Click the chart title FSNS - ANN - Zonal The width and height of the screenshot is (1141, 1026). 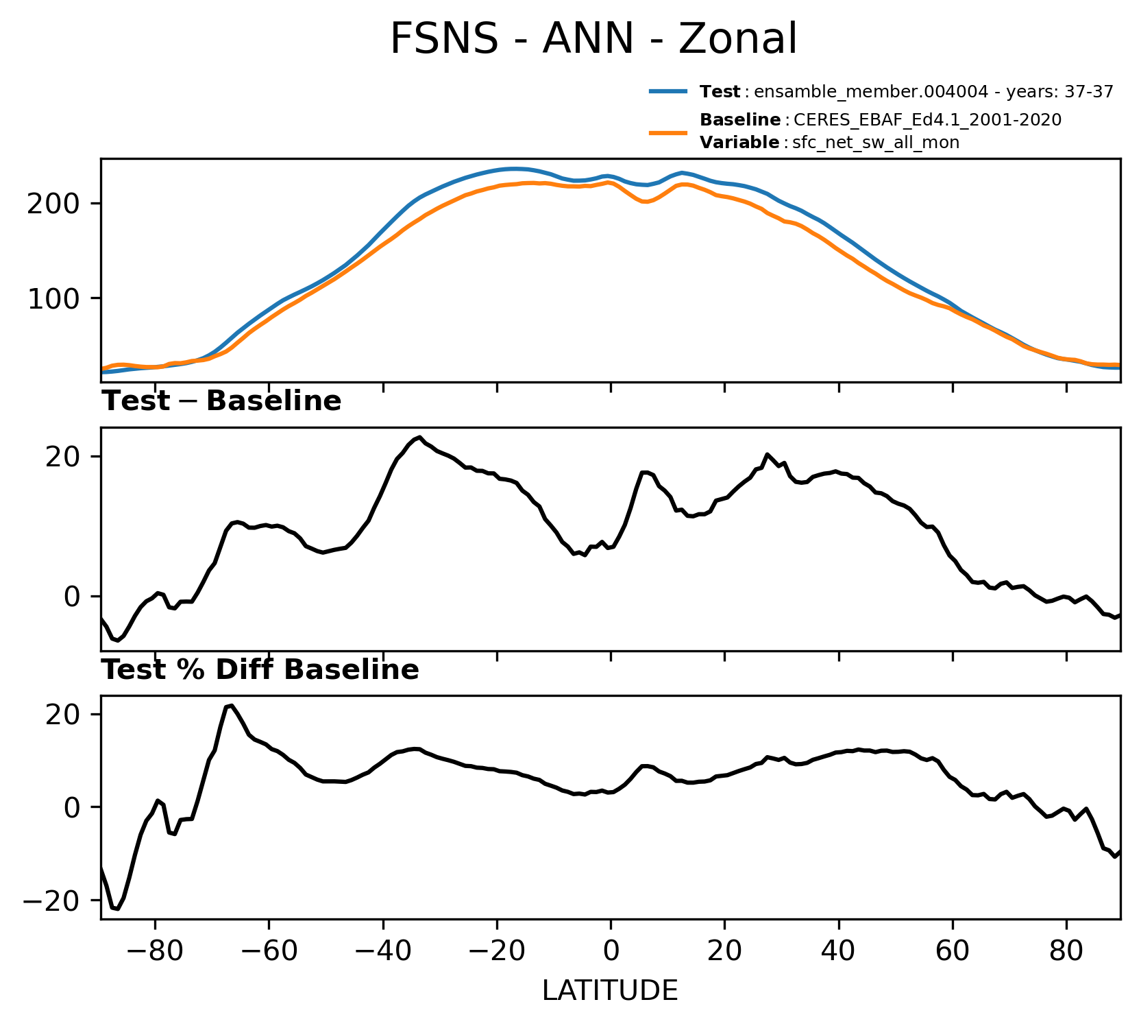click(x=593, y=38)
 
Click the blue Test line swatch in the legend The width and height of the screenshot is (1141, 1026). click(x=668, y=91)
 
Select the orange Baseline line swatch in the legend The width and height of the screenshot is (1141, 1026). click(x=668, y=131)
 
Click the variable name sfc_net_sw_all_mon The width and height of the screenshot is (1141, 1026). click(x=876, y=143)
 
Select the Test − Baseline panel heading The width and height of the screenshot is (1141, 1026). click(x=221, y=401)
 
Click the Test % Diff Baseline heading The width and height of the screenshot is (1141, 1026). click(x=260, y=670)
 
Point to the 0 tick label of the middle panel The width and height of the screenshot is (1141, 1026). click(x=73, y=596)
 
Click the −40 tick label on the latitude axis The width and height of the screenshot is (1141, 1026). click(x=382, y=951)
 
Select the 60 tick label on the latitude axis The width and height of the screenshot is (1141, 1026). click(x=952, y=951)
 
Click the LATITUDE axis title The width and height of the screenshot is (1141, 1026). click(x=610, y=990)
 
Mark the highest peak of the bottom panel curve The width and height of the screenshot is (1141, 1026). click(x=232, y=705)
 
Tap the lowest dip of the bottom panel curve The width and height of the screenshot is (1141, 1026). click(x=117, y=909)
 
